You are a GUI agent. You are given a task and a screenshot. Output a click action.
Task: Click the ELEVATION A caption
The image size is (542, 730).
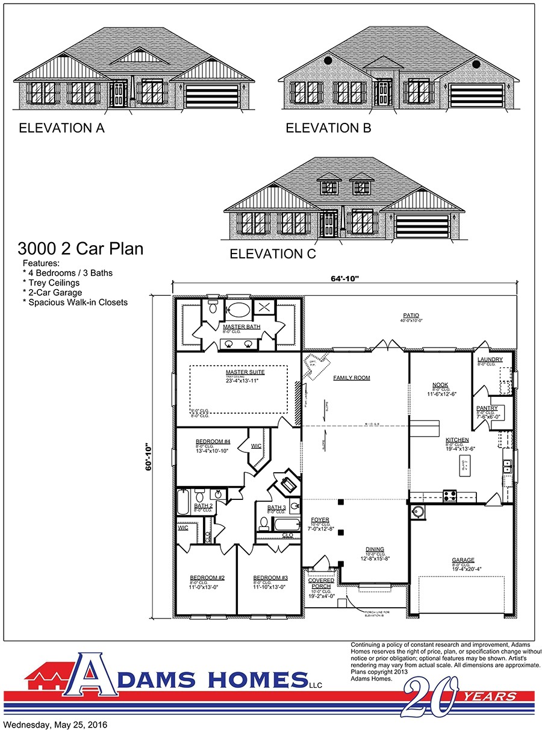point(61,128)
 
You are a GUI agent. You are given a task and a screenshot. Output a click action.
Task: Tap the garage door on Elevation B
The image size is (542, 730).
point(475,96)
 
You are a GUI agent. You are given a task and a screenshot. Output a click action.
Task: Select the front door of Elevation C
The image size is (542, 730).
point(329,224)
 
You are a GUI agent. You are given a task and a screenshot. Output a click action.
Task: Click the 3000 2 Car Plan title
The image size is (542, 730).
point(81,248)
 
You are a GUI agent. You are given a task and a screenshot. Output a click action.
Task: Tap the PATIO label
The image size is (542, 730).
point(411,315)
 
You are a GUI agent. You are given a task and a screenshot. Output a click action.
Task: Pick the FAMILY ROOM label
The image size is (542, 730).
point(352,378)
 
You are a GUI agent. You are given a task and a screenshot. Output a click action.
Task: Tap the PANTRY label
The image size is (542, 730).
point(487,408)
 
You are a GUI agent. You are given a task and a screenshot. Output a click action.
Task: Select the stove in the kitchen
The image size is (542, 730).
point(449,496)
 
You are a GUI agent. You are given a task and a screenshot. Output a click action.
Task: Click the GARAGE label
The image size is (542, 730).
point(463,560)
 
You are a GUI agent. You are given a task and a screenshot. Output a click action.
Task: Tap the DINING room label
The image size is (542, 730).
point(375,549)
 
